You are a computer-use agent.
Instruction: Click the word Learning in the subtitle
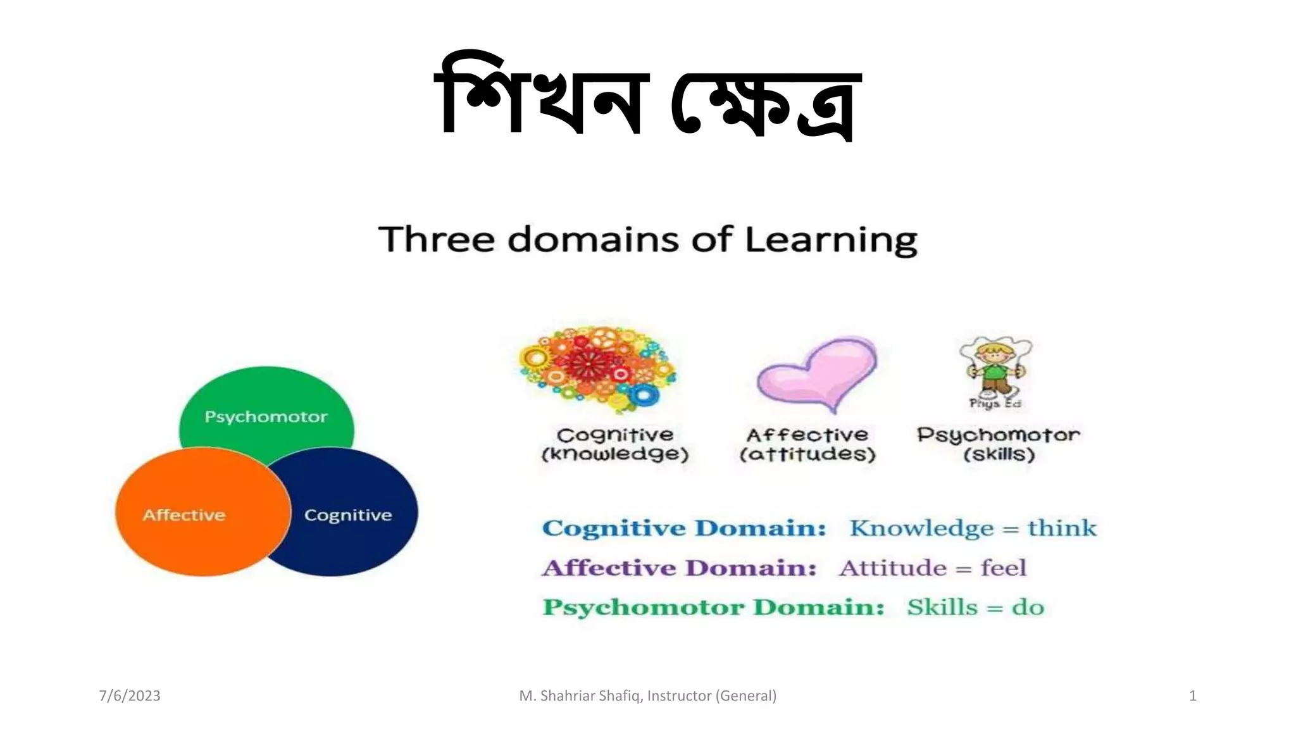pyautogui.click(x=830, y=240)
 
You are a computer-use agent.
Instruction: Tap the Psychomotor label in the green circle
pyautogui.click(x=266, y=416)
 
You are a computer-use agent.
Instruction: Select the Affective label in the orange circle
pyautogui.click(x=184, y=514)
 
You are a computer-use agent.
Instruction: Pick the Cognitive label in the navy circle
pyautogui.click(x=348, y=514)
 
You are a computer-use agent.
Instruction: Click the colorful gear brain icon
pyautogui.click(x=597, y=370)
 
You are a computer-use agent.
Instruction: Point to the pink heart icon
pyautogui.click(x=817, y=373)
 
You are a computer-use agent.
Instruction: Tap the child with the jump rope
pyautogui.click(x=995, y=370)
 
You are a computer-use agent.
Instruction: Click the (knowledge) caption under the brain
pyautogui.click(x=614, y=454)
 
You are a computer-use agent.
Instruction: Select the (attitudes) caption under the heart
pyautogui.click(x=807, y=454)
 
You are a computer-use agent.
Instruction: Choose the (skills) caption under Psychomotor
pyautogui.click(x=999, y=454)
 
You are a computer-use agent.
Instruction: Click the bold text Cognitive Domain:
pyautogui.click(x=684, y=528)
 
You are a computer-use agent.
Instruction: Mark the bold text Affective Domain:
pyautogui.click(x=679, y=568)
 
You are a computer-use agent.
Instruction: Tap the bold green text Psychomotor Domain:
pyautogui.click(x=713, y=607)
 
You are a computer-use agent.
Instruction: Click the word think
pyautogui.click(x=1061, y=528)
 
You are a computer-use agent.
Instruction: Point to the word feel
pyautogui.click(x=1003, y=568)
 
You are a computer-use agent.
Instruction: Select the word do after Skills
pyautogui.click(x=1028, y=607)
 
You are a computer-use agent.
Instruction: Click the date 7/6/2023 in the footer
pyautogui.click(x=130, y=695)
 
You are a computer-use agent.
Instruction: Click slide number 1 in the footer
pyautogui.click(x=1192, y=695)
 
